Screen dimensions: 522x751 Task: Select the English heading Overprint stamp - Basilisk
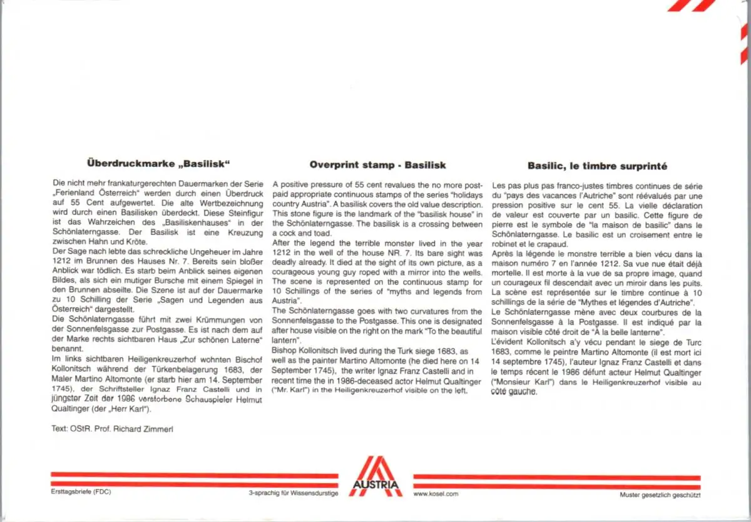click(x=377, y=166)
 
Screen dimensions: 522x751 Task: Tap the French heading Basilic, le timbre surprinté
click(x=597, y=166)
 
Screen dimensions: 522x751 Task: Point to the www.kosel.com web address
click(x=436, y=494)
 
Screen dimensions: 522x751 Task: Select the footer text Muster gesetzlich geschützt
click(x=660, y=494)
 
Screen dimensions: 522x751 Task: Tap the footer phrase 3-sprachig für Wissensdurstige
click(x=294, y=494)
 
